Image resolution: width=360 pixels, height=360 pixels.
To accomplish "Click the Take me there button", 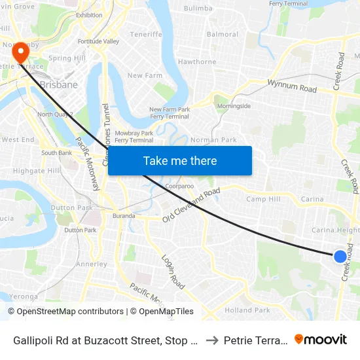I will tap(180, 161).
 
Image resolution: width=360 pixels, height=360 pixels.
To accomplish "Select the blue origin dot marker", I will tap(340, 257).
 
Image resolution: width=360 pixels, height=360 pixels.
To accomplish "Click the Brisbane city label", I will tap(59, 84).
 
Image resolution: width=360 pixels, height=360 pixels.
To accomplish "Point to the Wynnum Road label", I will tap(292, 86).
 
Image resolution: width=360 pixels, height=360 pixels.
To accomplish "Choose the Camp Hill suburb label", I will tap(263, 199).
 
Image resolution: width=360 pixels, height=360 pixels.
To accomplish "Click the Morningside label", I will tap(234, 106).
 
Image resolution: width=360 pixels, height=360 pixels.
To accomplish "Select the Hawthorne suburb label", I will tap(197, 62).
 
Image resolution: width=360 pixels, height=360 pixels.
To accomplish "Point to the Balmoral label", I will tap(223, 34).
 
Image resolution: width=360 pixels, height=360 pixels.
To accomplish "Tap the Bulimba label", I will tap(198, 9).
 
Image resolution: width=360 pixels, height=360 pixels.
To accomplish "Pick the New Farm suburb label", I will tap(145, 76).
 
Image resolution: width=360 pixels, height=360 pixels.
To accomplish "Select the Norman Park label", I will tap(213, 140).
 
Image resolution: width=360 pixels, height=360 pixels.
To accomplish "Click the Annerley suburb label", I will tap(92, 264).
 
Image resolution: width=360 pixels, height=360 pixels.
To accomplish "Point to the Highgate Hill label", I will tap(36, 170).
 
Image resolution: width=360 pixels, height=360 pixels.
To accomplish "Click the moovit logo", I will tap(321, 340).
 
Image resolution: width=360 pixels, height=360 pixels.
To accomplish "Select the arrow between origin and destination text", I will tap(212, 340).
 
